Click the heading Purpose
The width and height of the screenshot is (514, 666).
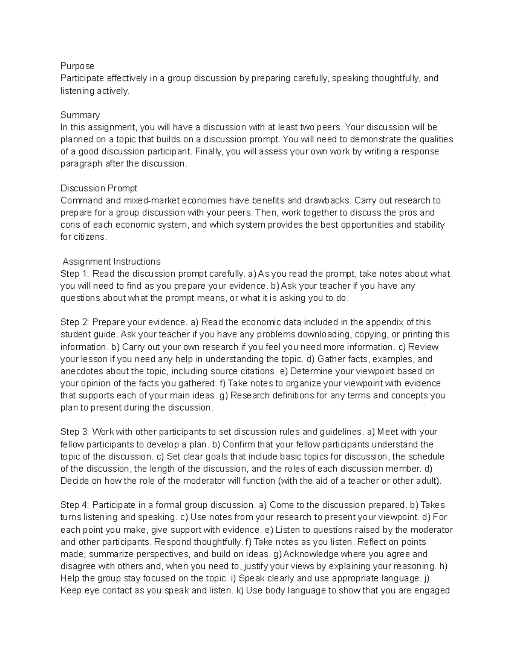77,66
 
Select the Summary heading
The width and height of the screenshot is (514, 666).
80,115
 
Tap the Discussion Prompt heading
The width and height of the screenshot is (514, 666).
99,188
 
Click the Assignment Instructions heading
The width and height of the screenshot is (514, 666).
111,262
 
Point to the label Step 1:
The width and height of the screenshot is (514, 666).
75,274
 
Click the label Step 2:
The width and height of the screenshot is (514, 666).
75,322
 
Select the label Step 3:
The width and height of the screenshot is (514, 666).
75,431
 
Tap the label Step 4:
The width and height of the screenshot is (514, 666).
75,505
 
